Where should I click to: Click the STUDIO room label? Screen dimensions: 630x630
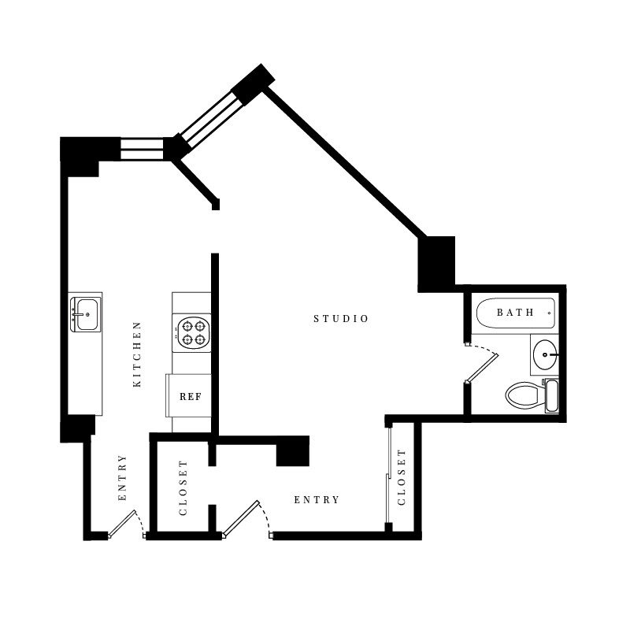pos(341,319)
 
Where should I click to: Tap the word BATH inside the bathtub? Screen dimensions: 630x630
pos(515,313)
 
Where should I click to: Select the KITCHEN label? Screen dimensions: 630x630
pos(137,354)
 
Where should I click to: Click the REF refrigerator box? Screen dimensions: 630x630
pos(190,396)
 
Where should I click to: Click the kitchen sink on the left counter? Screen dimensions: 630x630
pos(85,314)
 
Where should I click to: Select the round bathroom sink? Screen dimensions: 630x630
pos(545,356)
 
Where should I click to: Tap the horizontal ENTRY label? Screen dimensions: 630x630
pos(317,500)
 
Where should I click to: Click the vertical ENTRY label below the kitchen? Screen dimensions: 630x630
pos(122,478)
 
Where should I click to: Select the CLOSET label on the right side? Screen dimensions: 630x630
pos(402,477)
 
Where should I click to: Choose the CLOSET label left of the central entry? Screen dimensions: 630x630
pos(183,488)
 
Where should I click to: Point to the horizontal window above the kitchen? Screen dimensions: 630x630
pos(142,149)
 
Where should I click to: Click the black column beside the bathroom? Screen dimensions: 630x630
pos(436,263)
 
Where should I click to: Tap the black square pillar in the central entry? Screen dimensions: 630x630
pos(293,451)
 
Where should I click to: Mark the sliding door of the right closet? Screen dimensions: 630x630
pos(389,476)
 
